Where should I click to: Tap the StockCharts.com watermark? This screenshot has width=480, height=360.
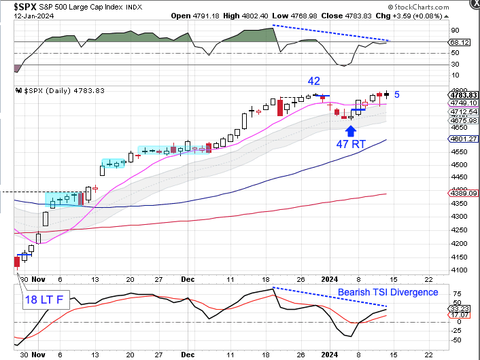click(439, 5)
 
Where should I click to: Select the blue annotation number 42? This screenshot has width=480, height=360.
click(313, 81)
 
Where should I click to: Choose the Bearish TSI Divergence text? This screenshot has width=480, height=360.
click(388, 292)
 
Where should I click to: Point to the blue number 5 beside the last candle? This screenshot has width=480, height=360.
click(396, 95)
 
